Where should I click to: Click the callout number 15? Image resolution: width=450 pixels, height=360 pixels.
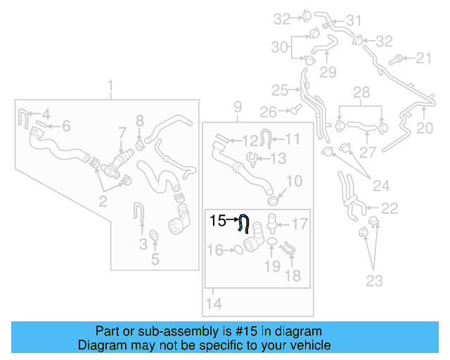(x=217, y=220)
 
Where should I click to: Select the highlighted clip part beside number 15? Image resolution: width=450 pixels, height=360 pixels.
(x=244, y=223)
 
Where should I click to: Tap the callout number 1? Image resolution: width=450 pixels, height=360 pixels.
(x=110, y=86)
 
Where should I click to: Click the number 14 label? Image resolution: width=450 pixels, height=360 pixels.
(x=214, y=304)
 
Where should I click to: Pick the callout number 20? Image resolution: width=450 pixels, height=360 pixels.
(x=425, y=128)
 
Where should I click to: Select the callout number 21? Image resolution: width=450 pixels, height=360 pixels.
(x=424, y=58)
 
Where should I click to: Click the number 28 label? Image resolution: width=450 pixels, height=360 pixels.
(x=361, y=93)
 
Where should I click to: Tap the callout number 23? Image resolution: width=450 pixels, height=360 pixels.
(x=374, y=281)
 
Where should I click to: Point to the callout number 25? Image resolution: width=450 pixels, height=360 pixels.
(x=280, y=90)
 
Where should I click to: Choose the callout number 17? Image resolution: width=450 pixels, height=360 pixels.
(x=300, y=224)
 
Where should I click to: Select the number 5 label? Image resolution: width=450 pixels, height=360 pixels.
(x=155, y=259)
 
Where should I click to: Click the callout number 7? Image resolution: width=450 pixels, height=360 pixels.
(x=121, y=132)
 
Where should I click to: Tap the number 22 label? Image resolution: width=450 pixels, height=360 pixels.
(x=389, y=208)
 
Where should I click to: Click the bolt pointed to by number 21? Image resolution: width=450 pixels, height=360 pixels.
(x=399, y=58)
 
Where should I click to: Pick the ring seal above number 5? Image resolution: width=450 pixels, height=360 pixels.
(x=154, y=234)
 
